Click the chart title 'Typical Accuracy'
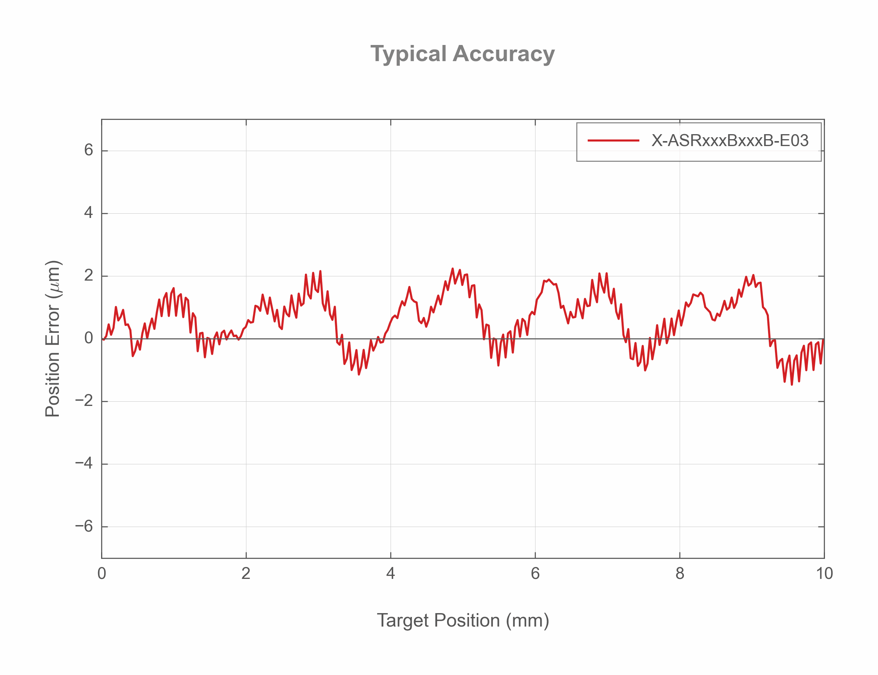click(x=462, y=54)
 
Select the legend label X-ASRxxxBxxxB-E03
click(x=729, y=141)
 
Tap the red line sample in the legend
click(x=613, y=141)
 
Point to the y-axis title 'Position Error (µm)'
click(x=53, y=339)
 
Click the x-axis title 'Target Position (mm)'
click(x=462, y=620)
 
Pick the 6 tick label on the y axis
click(x=88, y=150)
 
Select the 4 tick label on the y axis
click(x=88, y=213)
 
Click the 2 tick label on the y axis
click(x=88, y=276)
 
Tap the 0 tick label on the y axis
click(x=88, y=338)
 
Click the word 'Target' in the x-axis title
click(x=402, y=620)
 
